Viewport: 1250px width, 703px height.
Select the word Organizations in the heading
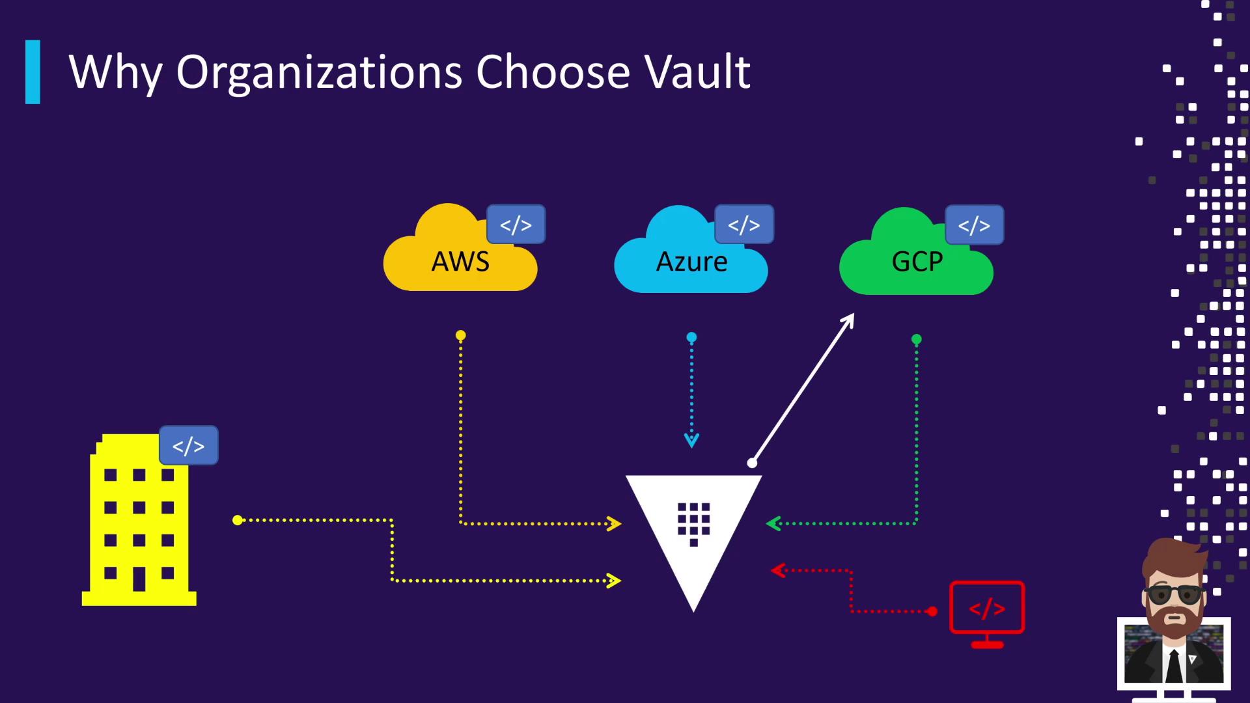pyautogui.click(x=319, y=73)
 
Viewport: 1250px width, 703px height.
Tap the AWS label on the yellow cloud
pyautogui.click(x=460, y=262)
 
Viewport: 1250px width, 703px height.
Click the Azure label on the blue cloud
pyautogui.click(x=691, y=262)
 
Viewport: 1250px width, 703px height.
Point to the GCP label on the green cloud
pyautogui.click(x=917, y=262)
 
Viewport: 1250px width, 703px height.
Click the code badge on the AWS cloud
pyautogui.click(x=516, y=225)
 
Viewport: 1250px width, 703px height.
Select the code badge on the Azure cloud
pyautogui.click(x=743, y=225)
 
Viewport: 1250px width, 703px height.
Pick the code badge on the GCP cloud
pyautogui.click(x=974, y=225)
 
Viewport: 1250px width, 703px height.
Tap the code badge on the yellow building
pyautogui.click(x=188, y=446)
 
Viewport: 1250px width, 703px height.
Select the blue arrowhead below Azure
pyautogui.click(x=691, y=441)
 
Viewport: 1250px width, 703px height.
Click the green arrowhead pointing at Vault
pyautogui.click(x=773, y=523)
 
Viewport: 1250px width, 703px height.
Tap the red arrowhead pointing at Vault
pyautogui.click(x=777, y=571)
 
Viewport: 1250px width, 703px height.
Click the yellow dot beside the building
pyautogui.click(x=238, y=520)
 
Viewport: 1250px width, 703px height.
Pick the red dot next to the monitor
pyautogui.click(x=932, y=611)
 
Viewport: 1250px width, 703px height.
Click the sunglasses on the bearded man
pyautogui.click(x=1174, y=594)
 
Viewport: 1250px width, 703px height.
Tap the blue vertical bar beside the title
pyautogui.click(x=33, y=72)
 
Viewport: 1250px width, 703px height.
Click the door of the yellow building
pyautogui.click(x=139, y=578)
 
